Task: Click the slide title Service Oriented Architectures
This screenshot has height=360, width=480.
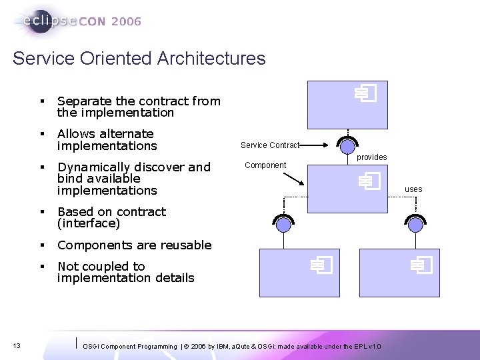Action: click(139, 59)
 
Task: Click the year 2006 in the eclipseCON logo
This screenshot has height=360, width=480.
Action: click(126, 21)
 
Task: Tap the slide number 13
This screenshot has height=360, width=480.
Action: click(17, 345)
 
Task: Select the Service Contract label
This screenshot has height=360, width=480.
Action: click(270, 145)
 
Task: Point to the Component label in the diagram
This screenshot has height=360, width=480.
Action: click(265, 165)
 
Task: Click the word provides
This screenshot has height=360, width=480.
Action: click(371, 157)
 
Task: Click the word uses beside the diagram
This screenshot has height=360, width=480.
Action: click(413, 189)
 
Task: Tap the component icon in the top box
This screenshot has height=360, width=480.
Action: click(365, 94)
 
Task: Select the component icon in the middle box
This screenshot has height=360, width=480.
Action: click(368, 181)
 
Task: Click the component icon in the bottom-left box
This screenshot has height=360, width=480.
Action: click(320, 266)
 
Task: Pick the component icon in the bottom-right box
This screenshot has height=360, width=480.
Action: click(421, 266)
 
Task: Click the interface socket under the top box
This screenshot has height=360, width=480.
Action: click(347, 144)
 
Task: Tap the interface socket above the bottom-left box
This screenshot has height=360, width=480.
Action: click(284, 223)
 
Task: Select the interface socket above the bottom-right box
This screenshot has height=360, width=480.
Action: click(417, 223)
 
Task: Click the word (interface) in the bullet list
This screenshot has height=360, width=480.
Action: click(89, 223)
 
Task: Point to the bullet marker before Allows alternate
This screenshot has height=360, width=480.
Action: click(41, 134)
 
